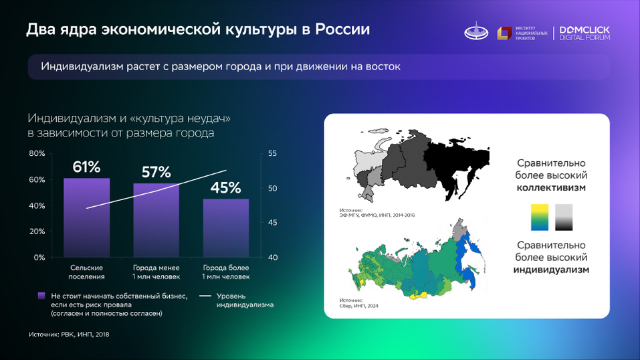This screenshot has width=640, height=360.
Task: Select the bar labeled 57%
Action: tap(156, 220)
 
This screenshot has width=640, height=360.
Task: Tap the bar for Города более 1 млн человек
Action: tap(226, 228)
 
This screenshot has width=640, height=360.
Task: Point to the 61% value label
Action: tap(86, 167)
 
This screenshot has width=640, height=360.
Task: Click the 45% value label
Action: tap(225, 188)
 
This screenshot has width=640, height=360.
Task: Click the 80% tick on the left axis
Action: tap(37, 154)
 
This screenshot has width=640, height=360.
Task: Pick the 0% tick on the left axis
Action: tap(39, 258)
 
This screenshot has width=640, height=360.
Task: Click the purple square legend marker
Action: tap(42, 295)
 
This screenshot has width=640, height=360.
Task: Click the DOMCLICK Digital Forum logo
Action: tap(584, 33)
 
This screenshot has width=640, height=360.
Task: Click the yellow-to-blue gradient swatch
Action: tap(540, 217)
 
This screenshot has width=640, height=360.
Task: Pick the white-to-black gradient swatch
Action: tap(564, 217)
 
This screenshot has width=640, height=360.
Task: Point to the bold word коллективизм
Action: tap(551, 188)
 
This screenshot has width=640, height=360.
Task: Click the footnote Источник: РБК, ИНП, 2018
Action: tap(68, 334)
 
